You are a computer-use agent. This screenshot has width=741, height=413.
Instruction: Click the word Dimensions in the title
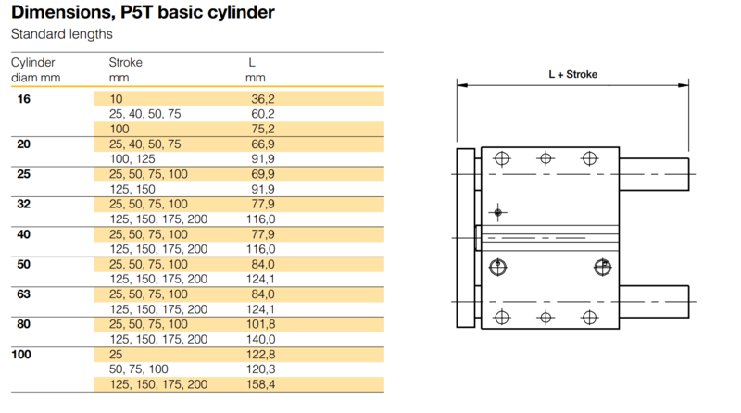click(62, 13)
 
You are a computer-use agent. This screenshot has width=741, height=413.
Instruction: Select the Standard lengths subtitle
click(61, 34)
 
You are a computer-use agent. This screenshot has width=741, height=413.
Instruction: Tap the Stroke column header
click(125, 62)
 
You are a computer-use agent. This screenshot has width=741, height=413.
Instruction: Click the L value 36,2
click(263, 99)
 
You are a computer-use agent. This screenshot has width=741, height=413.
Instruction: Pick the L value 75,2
click(263, 129)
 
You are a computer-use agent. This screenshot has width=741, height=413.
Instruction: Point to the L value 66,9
click(263, 144)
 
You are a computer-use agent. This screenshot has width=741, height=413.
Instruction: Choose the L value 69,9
click(263, 174)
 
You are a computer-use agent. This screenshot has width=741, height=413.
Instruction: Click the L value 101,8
click(260, 324)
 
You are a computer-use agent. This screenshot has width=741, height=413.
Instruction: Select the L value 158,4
click(260, 384)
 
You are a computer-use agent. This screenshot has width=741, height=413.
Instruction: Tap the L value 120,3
click(260, 369)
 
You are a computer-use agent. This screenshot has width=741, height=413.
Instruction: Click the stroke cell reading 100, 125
click(132, 159)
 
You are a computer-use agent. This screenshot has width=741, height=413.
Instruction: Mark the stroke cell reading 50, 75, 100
click(138, 369)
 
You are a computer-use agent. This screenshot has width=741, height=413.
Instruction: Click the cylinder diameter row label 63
click(24, 294)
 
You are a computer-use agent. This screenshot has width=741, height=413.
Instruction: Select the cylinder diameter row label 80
click(24, 324)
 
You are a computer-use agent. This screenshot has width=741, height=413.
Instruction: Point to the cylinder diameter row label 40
click(24, 234)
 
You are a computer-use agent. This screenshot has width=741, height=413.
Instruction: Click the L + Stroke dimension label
click(572, 74)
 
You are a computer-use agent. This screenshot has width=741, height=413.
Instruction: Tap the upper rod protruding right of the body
click(654, 174)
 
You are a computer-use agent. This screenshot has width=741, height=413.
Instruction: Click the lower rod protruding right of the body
click(654, 302)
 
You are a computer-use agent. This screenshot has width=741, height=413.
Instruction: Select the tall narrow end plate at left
click(466, 238)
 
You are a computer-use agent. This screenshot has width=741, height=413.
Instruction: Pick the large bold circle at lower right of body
click(603, 268)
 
